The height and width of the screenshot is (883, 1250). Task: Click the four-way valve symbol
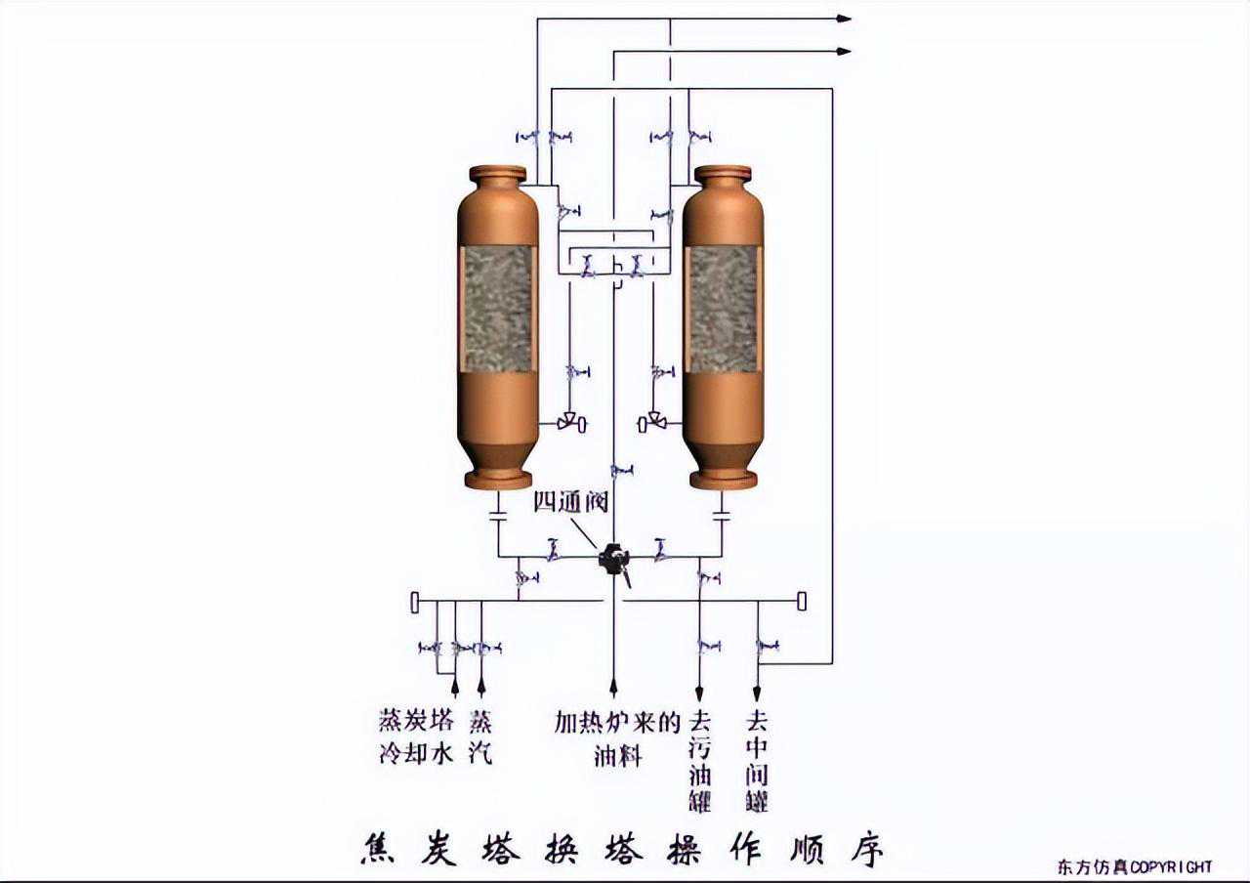[613, 559]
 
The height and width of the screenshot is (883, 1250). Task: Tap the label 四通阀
[570, 502]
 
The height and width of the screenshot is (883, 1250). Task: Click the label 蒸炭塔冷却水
[417, 737]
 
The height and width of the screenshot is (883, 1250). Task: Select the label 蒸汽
[480, 737]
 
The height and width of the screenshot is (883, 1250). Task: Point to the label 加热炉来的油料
[616, 737]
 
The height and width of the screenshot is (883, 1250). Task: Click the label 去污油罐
[699, 761]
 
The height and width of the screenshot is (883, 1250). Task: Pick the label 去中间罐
[757, 761]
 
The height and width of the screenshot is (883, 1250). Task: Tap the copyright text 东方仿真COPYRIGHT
[1134, 866]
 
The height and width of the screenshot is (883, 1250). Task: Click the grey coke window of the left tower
[498, 308]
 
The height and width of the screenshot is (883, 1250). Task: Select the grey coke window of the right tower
[723, 308]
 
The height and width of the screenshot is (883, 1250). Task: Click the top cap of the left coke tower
[498, 175]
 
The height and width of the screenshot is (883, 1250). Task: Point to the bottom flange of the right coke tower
[723, 480]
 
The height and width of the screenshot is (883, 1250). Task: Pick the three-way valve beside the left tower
[568, 423]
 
